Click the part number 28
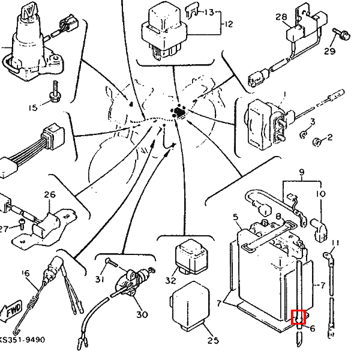[281, 17]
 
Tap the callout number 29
[329, 51]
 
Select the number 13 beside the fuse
[209, 12]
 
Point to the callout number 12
[228, 24]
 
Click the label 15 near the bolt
[33, 108]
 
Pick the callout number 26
[50, 194]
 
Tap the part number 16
[26, 273]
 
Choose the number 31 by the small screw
[100, 279]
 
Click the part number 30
[142, 314]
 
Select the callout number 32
[170, 280]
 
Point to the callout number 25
[213, 340]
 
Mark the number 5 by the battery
[236, 217]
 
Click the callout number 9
[302, 172]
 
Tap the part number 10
[321, 194]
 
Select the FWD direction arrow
[11, 310]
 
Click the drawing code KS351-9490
[22, 340]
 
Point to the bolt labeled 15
[55, 92]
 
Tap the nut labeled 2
[317, 142]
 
